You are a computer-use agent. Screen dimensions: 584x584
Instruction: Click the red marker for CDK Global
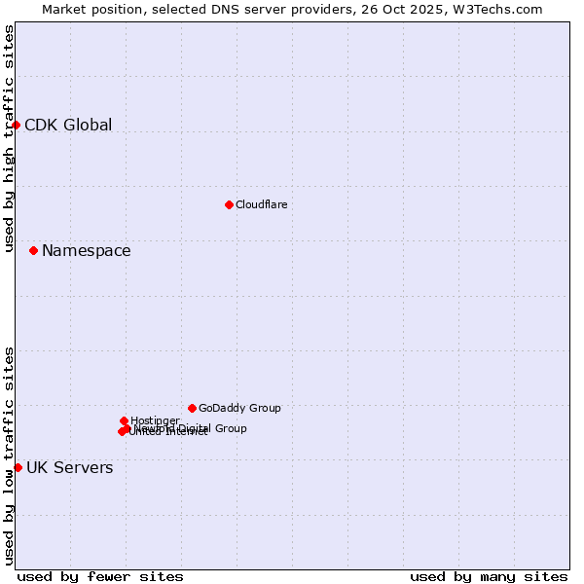click(x=17, y=125)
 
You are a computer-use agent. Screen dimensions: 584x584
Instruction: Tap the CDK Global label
click(x=68, y=125)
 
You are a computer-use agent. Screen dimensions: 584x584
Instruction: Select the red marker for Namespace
click(x=34, y=250)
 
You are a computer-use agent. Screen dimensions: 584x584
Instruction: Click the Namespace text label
click(x=86, y=250)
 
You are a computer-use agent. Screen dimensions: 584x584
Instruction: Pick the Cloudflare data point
click(x=229, y=204)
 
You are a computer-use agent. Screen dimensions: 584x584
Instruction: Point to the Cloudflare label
click(x=261, y=204)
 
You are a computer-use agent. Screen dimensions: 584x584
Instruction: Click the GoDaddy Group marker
click(x=192, y=408)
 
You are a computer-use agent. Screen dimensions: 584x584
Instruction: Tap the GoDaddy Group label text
click(x=239, y=408)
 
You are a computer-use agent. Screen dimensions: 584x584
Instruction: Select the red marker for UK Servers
click(x=18, y=467)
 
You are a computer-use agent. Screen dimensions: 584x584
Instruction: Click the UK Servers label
click(x=69, y=467)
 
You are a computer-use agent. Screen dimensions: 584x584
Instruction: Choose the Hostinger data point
click(x=124, y=420)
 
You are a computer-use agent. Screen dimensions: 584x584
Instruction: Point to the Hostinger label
click(x=155, y=420)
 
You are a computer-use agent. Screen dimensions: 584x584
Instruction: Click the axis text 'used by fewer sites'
click(x=100, y=576)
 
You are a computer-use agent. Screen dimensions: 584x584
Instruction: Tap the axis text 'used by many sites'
click(x=489, y=576)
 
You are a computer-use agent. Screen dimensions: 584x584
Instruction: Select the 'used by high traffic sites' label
click(x=9, y=138)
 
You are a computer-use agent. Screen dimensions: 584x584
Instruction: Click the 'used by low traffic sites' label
click(x=9, y=456)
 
